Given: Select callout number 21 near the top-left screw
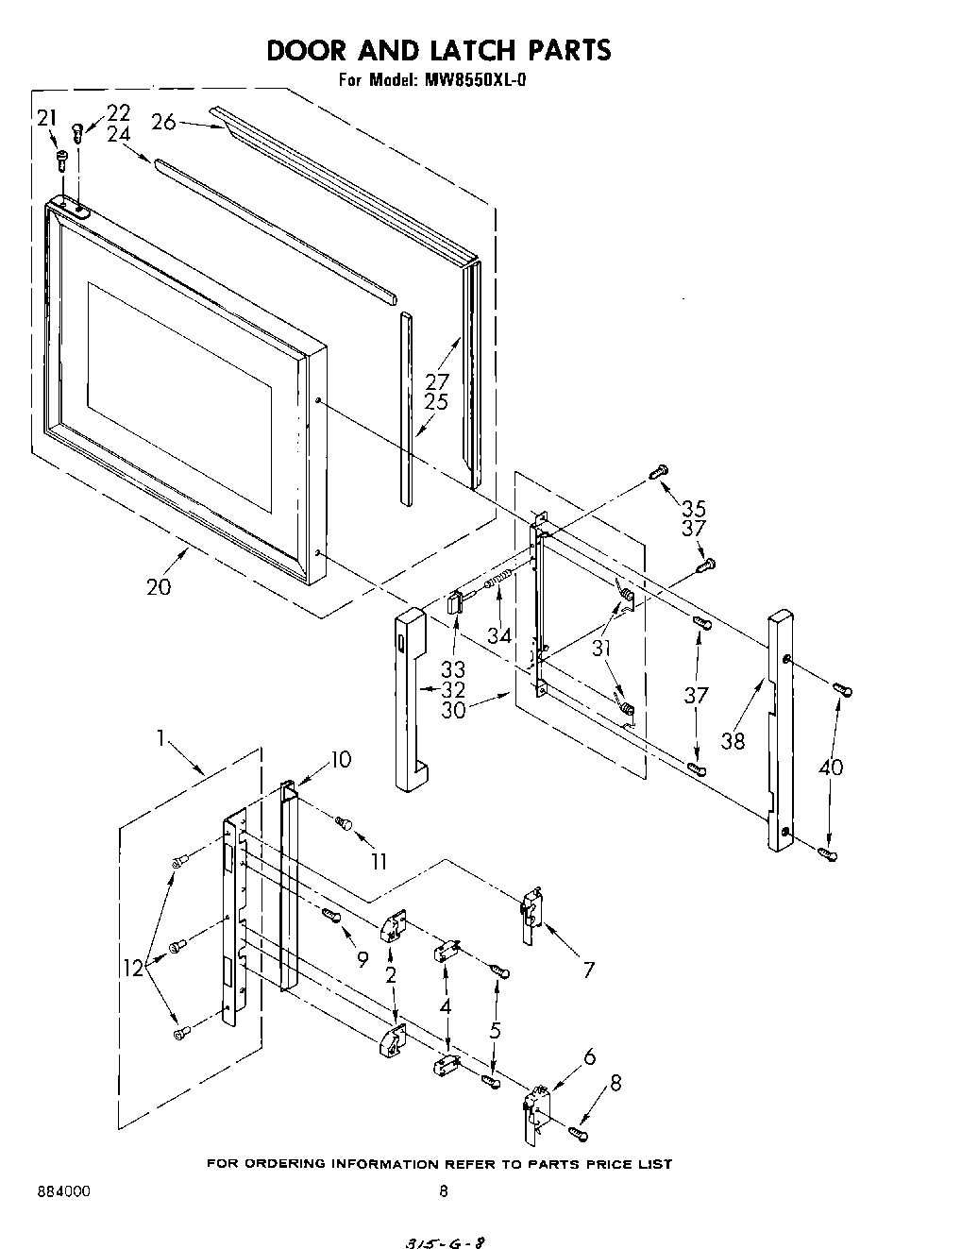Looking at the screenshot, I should point(47,117).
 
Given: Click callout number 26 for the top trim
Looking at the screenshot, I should point(163,122).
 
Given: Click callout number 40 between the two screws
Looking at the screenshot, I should point(831,768).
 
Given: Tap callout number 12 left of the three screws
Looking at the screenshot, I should point(136,967).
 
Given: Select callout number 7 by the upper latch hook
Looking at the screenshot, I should point(588,969).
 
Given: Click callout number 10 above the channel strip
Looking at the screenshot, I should point(340,758).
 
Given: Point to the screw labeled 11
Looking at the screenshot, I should point(344,824).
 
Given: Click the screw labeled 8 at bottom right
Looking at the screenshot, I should point(578,1130).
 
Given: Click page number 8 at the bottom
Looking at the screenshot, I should point(444,1191).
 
